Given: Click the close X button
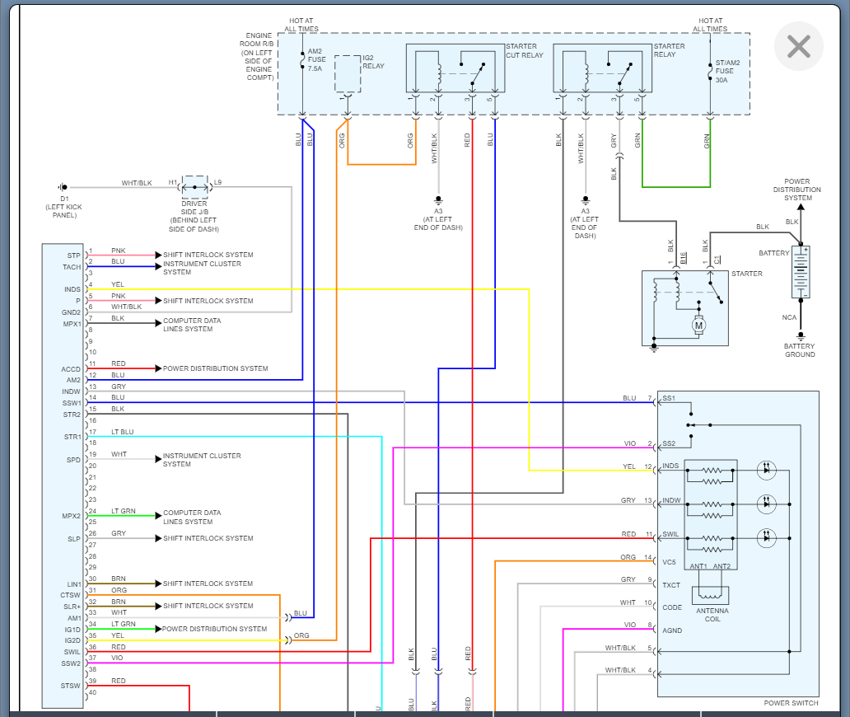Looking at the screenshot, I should (x=798, y=47).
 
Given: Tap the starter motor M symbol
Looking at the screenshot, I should (x=699, y=325).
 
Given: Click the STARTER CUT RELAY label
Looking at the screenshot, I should (x=524, y=50).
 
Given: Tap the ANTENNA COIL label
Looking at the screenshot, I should (x=712, y=614).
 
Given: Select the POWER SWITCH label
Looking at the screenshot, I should (x=791, y=703).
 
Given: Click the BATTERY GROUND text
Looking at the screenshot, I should (x=799, y=350).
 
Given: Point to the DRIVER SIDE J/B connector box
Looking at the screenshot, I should (x=194, y=187).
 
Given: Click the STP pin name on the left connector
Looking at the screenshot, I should (x=74, y=255).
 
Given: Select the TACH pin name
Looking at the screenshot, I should (x=72, y=267).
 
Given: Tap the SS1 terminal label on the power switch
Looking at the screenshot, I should (x=669, y=399).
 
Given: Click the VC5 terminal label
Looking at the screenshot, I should (x=669, y=562).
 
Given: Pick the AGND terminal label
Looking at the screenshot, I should (x=671, y=630).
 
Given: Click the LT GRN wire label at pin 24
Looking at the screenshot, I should (x=124, y=512).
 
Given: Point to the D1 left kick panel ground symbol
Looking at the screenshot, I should (x=63, y=187).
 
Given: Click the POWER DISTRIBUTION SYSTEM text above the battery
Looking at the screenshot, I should (x=797, y=190).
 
